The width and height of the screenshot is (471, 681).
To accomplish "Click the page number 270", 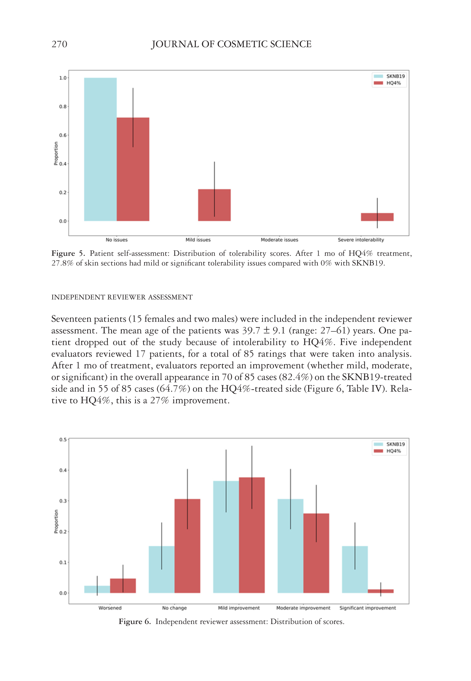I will click(x=59, y=44).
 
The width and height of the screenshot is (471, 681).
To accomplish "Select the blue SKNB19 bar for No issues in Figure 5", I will click(x=100, y=149).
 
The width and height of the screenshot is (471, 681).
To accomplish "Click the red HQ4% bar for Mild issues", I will click(x=214, y=205).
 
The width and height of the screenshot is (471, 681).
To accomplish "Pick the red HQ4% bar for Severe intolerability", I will click(x=377, y=217).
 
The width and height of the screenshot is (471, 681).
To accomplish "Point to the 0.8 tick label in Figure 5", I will click(x=63, y=107).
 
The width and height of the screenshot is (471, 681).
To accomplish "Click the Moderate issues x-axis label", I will click(x=279, y=240).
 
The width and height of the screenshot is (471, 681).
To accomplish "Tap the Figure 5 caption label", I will click(x=68, y=253).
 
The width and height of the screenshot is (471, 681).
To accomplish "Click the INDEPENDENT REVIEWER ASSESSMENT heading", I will click(x=122, y=297).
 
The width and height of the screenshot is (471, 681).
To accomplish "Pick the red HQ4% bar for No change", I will click(x=187, y=546).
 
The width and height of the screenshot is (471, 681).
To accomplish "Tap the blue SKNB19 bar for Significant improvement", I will click(x=355, y=570).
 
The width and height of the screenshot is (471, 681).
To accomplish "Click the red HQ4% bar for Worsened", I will click(x=123, y=586).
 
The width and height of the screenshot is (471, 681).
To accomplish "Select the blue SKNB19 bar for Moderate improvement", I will click(x=290, y=546).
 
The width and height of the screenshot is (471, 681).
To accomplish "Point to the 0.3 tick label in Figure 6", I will click(x=63, y=501).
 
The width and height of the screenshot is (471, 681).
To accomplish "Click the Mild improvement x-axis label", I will click(x=239, y=608).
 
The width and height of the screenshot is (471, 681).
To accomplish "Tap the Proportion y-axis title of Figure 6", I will click(x=56, y=521).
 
